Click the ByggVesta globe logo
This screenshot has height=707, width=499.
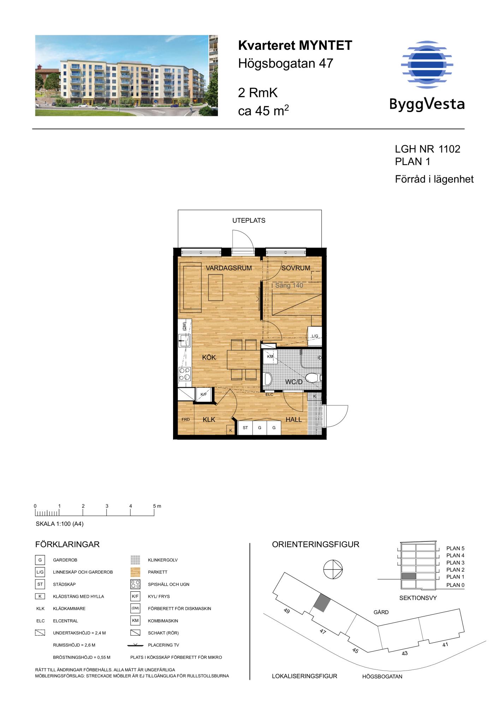(427, 65)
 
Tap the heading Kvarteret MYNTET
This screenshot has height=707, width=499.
(295, 46)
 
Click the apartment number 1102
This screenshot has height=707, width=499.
(449, 149)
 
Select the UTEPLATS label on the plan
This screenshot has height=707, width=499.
(249, 221)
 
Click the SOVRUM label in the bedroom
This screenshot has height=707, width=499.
(296, 268)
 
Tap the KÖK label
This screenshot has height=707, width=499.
(209, 357)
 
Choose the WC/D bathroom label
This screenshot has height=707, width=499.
(294, 382)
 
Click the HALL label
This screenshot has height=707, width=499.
(293, 420)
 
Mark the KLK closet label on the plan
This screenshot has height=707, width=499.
(209, 420)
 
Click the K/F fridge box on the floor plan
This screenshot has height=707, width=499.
(204, 395)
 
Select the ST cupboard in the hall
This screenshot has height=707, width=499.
(245, 428)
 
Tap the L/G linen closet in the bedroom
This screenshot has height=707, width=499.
(315, 336)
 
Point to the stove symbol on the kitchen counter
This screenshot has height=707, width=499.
(185, 374)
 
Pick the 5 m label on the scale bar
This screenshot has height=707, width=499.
(157, 506)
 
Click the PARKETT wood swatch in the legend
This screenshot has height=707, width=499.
(135, 572)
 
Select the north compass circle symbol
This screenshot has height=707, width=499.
(333, 569)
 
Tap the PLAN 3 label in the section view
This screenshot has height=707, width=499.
(455, 562)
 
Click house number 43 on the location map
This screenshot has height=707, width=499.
(405, 653)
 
